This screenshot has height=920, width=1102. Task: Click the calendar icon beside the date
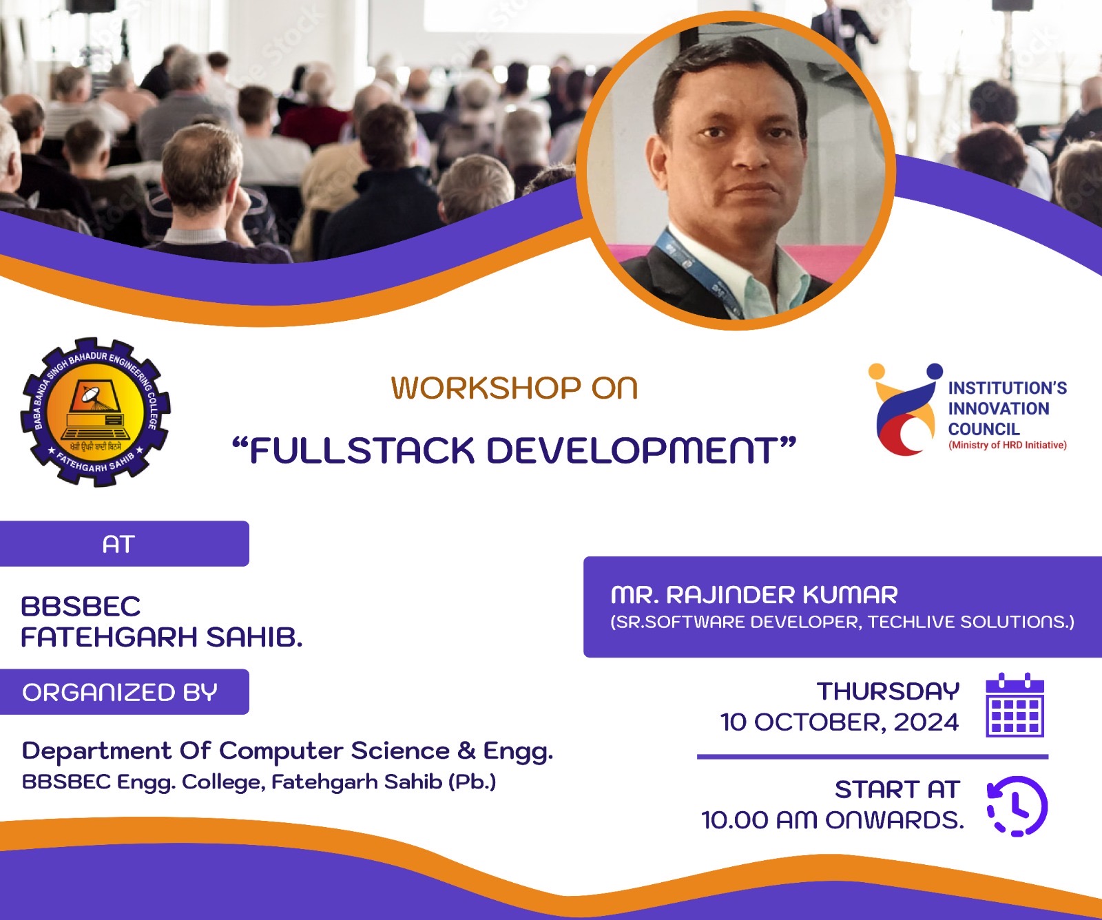1015,705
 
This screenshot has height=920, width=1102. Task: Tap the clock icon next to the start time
1017,806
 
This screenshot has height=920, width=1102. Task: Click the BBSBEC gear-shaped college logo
95,412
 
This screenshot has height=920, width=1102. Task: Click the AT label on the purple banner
118,545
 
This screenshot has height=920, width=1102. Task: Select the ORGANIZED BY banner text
120,692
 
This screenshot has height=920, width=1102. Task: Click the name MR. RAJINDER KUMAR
754,595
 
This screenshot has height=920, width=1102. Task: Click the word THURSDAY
888,691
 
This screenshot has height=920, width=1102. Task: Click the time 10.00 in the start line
735,820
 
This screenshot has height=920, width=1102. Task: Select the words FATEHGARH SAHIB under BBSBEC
162,638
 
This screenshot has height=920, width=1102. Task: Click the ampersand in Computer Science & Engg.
466,750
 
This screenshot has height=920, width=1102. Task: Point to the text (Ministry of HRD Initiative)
1008,445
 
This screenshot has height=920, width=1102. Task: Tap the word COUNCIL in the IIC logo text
984,429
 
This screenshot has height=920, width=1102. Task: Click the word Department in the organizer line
97,751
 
